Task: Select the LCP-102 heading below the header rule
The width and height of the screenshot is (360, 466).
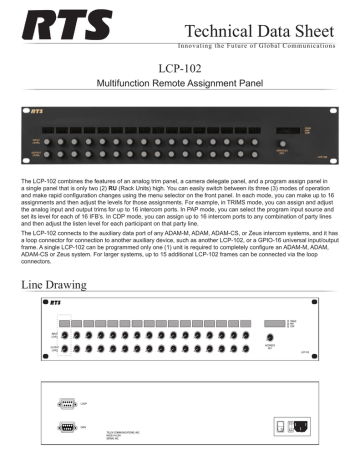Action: pyautogui.click(x=180, y=68)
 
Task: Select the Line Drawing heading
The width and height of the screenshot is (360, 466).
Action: pyautogui.click(x=63, y=285)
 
